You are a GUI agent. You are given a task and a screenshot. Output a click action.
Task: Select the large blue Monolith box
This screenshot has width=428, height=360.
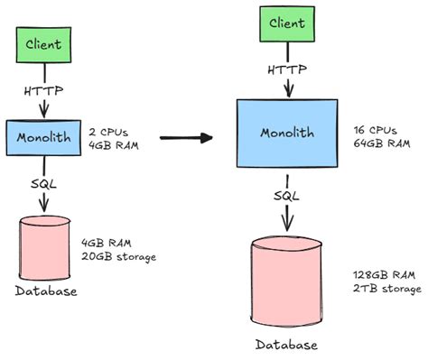(x=287, y=134)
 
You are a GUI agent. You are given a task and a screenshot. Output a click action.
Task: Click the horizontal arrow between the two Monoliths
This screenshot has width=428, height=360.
(x=186, y=137)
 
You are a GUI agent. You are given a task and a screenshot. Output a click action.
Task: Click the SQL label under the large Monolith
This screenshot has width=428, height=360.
(x=287, y=194)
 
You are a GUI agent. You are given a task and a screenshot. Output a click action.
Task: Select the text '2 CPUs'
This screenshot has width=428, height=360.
(x=107, y=130)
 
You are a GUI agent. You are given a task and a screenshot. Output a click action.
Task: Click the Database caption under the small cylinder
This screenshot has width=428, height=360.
(x=44, y=291)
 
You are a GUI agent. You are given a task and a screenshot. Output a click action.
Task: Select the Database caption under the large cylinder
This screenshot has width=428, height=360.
(x=287, y=345)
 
